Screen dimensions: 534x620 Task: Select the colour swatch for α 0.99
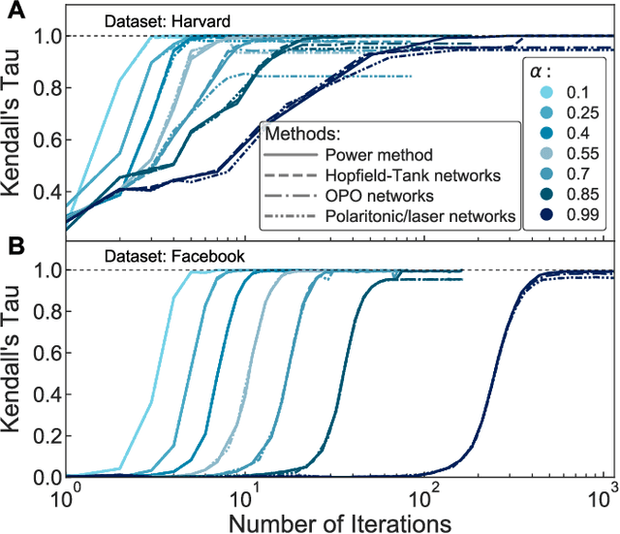coord(548,217)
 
